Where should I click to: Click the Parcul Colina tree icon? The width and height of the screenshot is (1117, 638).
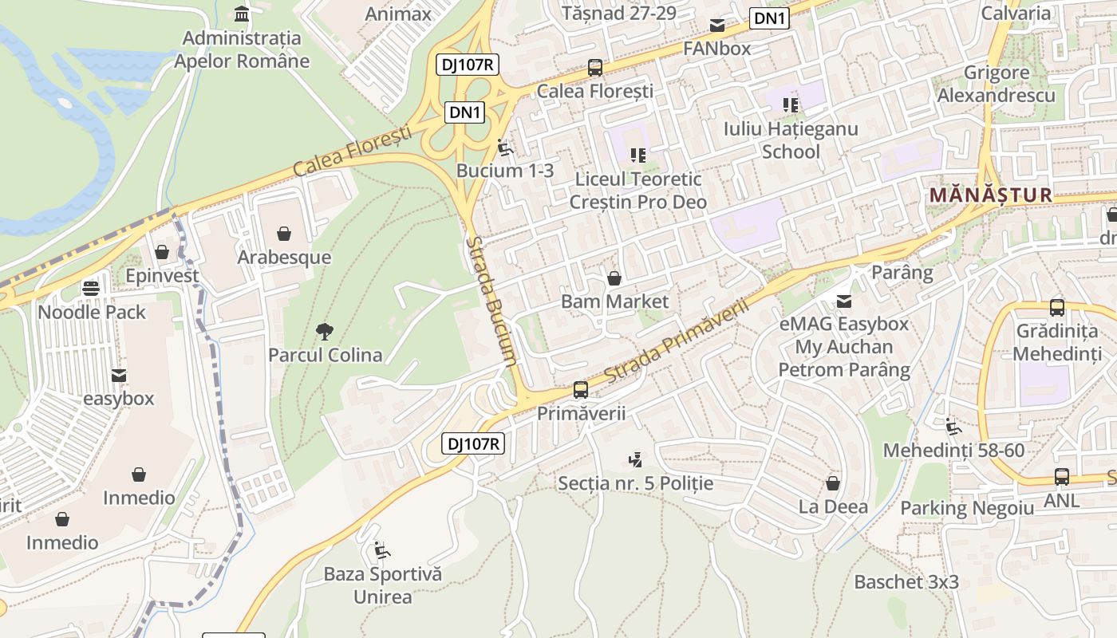click(324, 331)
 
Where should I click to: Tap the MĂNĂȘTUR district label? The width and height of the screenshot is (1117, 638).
click(991, 195)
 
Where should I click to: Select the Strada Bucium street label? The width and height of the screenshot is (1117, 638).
click(491, 301)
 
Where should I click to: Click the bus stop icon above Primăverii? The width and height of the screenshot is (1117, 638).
click(581, 390)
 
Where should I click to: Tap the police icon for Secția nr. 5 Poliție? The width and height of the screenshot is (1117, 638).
click(635, 459)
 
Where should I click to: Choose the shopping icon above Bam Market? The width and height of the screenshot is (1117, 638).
click(614, 278)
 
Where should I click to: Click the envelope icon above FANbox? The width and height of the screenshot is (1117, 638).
click(717, 25)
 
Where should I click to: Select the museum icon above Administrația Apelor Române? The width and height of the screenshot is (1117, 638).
click(242, 14)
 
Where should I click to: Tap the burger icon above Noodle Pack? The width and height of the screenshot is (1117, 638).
click(91, 288)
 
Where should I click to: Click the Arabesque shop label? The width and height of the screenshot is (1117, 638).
click(284, 257)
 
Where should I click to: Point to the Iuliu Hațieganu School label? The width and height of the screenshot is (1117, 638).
click(791, 140)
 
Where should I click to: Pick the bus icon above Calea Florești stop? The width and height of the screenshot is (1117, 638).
click(595, 68)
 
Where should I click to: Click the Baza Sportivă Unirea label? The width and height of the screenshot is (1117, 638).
click(382, 585)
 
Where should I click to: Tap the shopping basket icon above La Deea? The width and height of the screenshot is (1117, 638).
click(833, 483)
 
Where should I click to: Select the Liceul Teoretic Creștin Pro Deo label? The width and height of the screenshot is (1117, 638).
click(637, 191)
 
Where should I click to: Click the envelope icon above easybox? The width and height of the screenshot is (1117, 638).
click(119, 375)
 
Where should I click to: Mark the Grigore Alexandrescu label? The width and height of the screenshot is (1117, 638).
click(997, 84)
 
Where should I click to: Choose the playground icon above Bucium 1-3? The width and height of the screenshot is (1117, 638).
click(504, 148)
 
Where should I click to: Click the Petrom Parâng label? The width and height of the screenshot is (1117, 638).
click(844, 370)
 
